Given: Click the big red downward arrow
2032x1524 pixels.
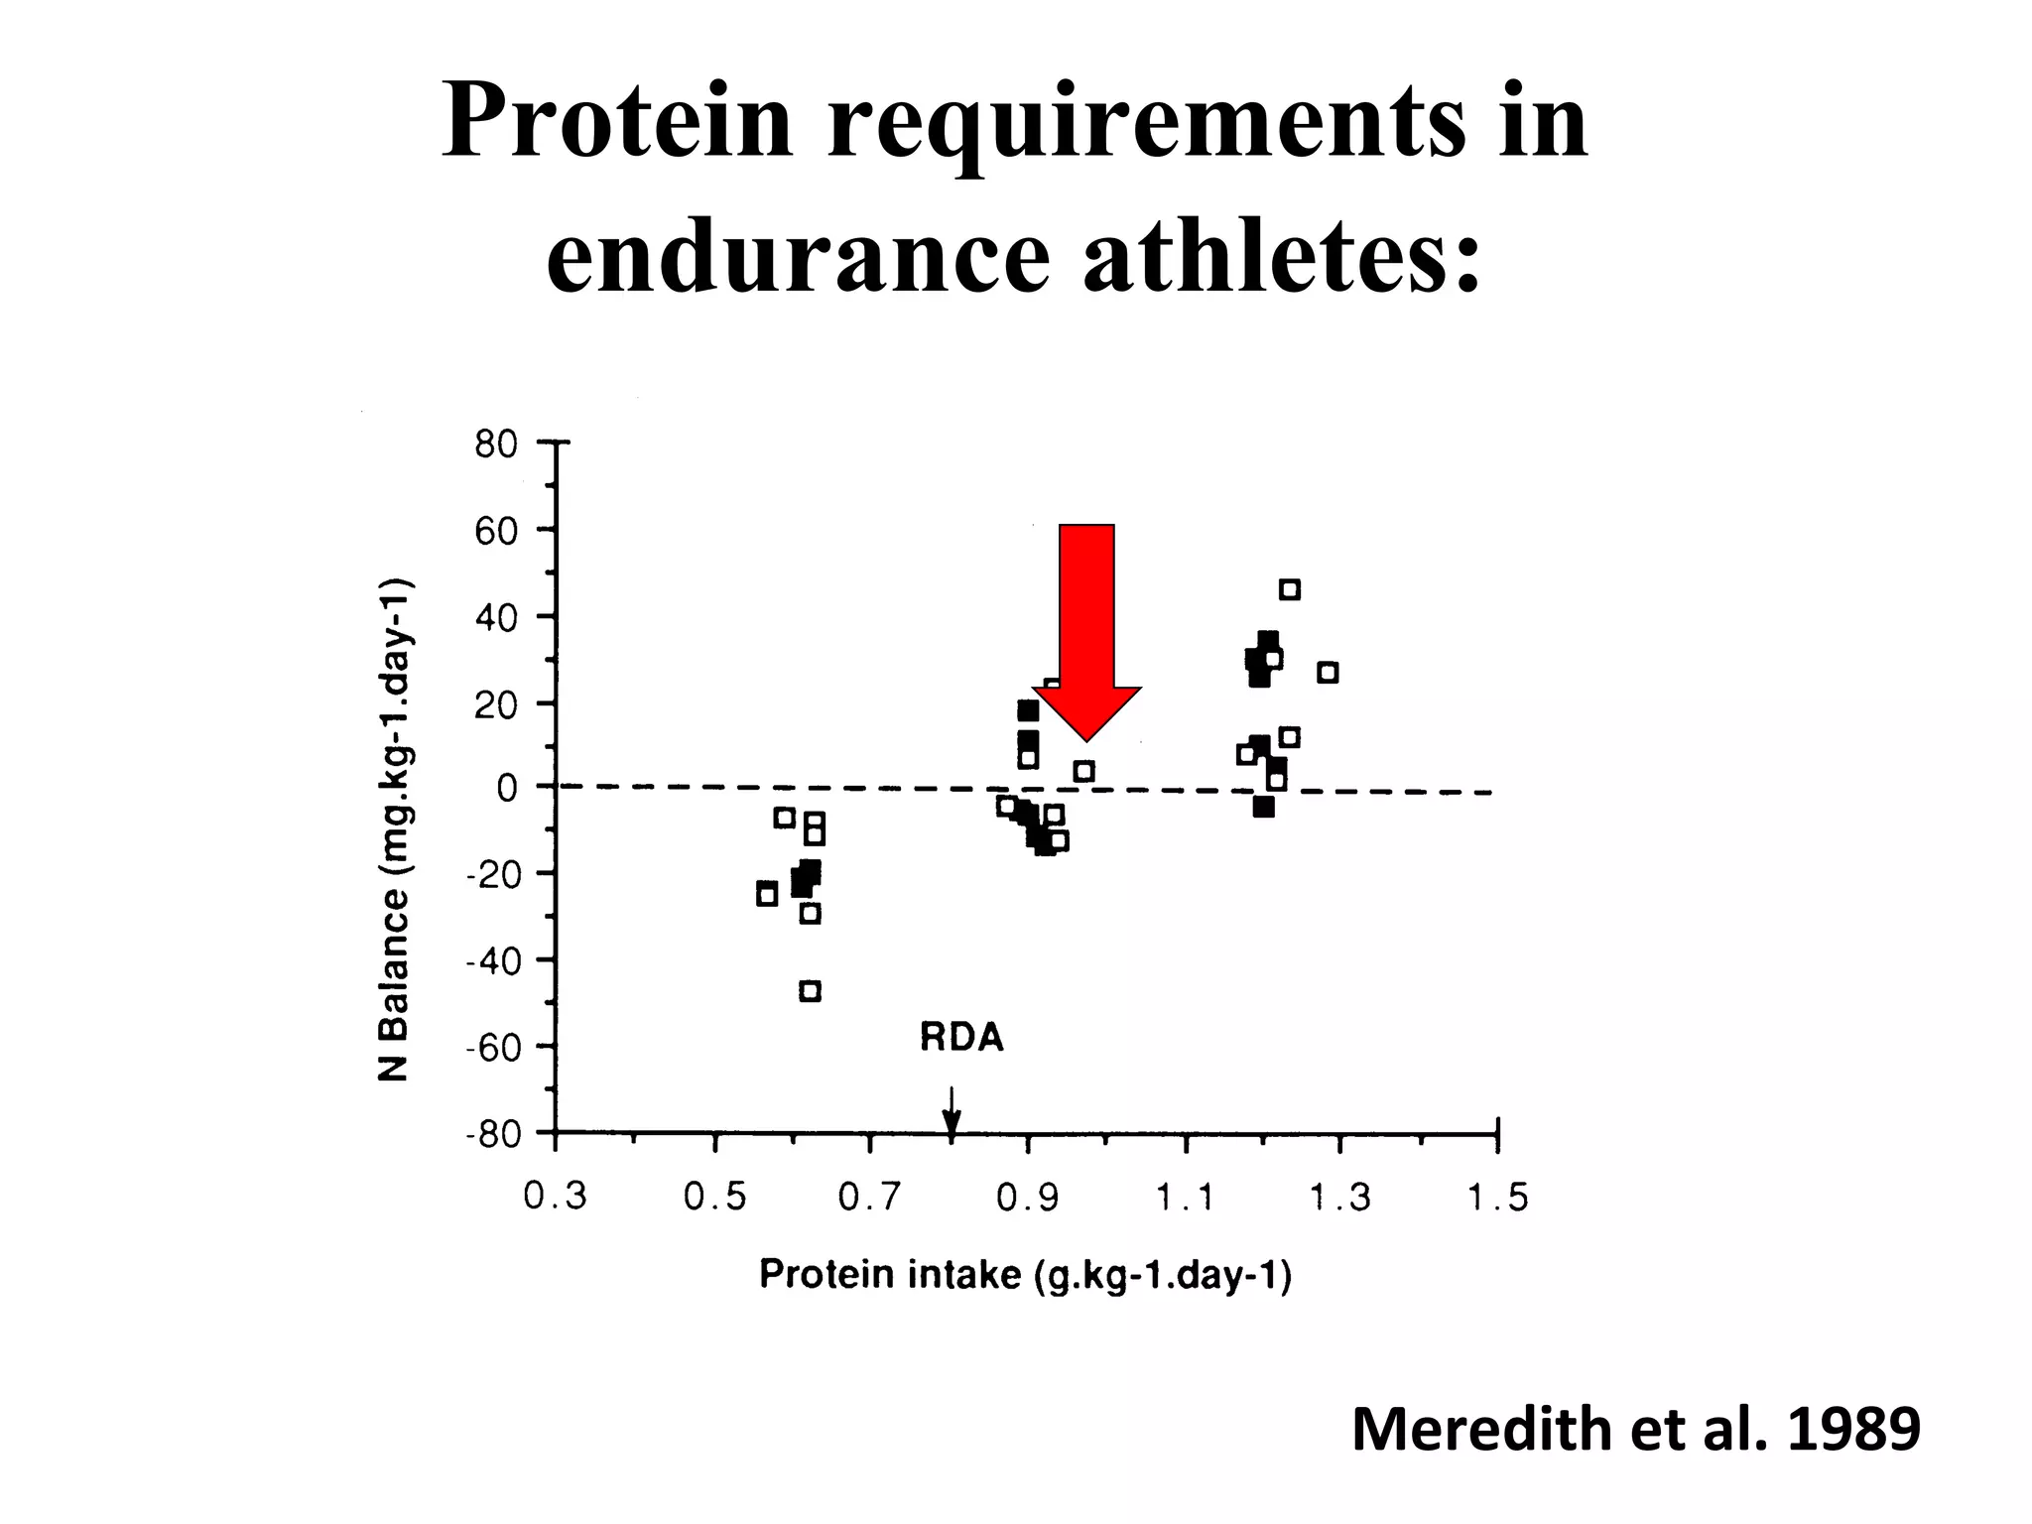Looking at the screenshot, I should tap(1086, 625).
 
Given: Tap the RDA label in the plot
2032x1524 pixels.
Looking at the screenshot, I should tap(961, 1038).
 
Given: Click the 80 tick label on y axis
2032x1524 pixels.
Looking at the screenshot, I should tap(496, 444).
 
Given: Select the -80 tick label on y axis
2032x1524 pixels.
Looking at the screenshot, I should tap(493, 1134).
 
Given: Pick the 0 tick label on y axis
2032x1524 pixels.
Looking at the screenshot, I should tap(507, 789).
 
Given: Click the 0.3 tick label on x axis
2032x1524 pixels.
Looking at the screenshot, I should tap(555, 1198).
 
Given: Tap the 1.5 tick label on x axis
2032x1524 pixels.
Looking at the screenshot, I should tap(1497, 1199).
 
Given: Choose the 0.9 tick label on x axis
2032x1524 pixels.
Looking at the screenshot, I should tap(1028, 1199).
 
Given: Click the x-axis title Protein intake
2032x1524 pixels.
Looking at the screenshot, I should tap(1025, 1275).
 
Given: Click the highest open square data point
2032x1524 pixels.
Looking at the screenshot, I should tap(1289, 590).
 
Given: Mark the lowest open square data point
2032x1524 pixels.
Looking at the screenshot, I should tap(811, 991).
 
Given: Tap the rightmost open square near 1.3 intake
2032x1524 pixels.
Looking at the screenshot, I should tap(1328, 673).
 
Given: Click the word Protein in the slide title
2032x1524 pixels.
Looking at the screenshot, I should tap(617, 122).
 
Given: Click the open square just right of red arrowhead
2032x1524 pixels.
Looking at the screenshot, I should tap(1083, 771).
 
